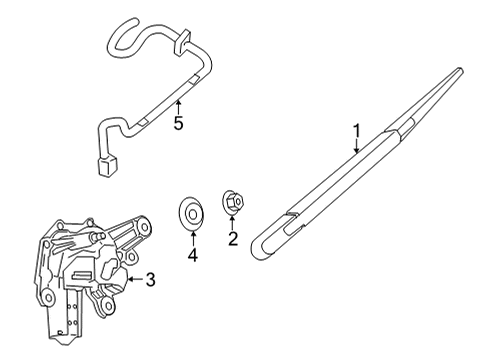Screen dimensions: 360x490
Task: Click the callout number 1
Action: (355, 129)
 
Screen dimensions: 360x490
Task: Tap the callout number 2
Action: (232, 239)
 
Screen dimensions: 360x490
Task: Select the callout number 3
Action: (150, 280)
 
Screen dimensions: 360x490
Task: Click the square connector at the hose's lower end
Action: (107, 164)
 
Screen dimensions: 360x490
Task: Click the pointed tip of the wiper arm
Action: (462, 71)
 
